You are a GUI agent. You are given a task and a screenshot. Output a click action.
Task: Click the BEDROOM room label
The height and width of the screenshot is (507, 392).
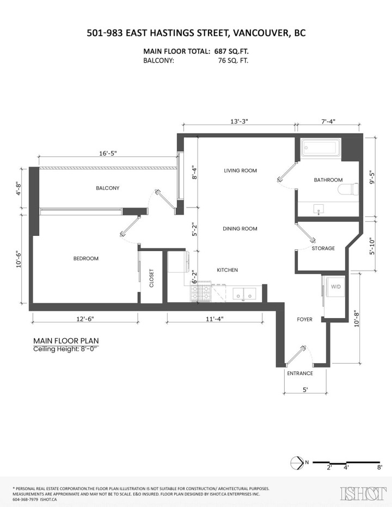[x=85, y=259]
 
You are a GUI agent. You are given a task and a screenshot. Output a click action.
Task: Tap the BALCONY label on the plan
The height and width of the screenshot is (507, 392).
[x=107, y=188]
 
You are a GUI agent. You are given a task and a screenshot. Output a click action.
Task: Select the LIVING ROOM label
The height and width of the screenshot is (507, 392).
[x=240, y=170]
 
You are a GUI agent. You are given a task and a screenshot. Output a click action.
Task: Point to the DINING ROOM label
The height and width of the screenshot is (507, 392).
[x=240, y=229]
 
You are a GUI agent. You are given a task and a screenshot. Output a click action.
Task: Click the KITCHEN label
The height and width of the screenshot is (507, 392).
[x=227, y=270]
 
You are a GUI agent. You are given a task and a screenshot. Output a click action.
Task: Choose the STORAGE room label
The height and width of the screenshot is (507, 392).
[x=323, y=248]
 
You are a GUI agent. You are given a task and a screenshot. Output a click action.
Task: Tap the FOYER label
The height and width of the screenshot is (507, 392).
[x=304, y=319]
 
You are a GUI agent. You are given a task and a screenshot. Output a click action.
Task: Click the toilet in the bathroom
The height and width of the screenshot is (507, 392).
[x=348, y=190]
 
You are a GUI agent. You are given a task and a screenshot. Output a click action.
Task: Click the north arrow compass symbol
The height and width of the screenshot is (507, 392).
[x=297, y=462]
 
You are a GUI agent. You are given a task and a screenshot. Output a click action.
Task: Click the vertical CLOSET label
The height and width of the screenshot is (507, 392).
[x=152, y=278]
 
